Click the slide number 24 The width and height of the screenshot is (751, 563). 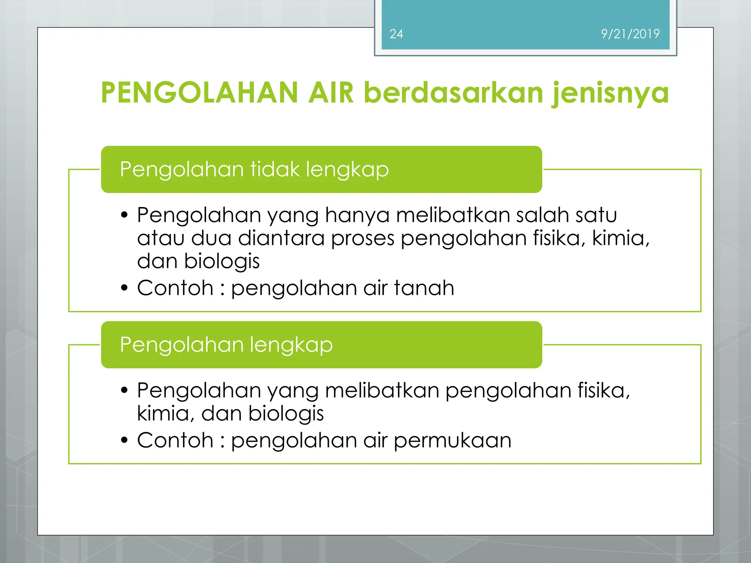396,34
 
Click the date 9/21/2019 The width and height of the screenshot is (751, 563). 630,34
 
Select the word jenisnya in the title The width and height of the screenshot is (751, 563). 610,93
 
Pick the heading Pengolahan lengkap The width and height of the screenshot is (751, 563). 226,345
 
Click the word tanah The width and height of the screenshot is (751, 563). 424,288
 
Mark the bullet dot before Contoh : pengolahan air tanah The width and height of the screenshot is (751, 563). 124,288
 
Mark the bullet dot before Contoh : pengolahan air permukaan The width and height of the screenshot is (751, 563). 124,440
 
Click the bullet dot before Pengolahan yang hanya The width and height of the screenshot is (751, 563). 124,215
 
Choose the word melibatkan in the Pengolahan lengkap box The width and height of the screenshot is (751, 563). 382,390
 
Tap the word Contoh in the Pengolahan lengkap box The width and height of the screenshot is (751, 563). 175,440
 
